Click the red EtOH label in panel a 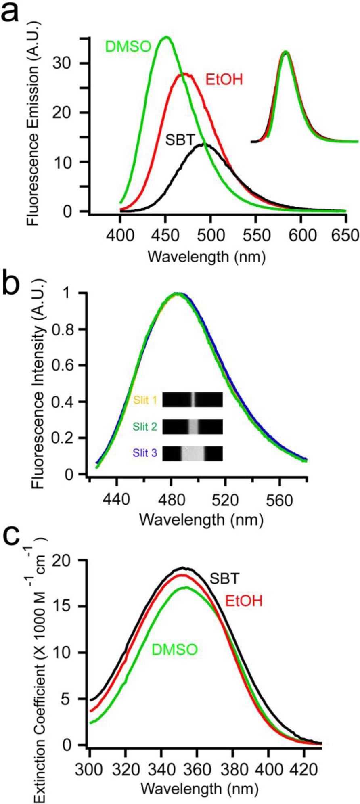click(224, 80)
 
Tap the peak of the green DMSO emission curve click(166, 37)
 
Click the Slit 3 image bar click(193, 453)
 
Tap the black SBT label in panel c click(224, 579)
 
